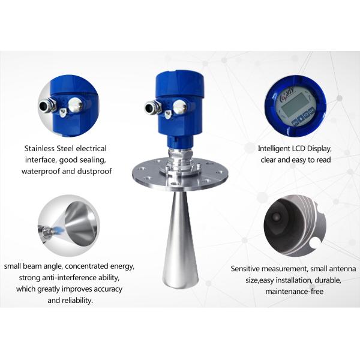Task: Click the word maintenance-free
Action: coord(295,292)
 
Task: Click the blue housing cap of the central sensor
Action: coord(179,83)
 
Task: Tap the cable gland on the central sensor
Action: coord(152,107)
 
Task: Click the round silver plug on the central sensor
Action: coord(180,107)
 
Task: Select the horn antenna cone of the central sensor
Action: coord(180,239)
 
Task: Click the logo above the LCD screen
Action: coord(287,95)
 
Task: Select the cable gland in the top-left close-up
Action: coord(47,106)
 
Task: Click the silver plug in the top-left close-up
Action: coord(75,104)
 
